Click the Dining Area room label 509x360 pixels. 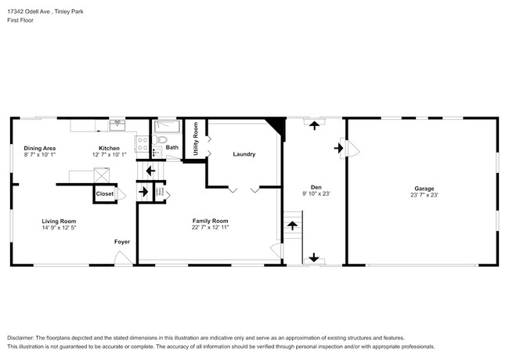pyautogui.click(x=39, y=148)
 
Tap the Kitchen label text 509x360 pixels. pyautogui.click(x=109, y=148)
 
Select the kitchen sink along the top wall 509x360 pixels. pyautogui.click(x=117, y=124)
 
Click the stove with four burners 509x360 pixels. pyautogui.click(x=143, y=143)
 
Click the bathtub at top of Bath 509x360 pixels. pyautogui.click(x=167, y=125)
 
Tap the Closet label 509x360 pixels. pyautogui.click(x=104, y=193)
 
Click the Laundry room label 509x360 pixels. pyautogui.click(x=244, y=154)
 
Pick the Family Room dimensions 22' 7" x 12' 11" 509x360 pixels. pyautogui.click(x=210, y=229)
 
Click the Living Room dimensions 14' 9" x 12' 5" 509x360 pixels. pyautogui.click(x=59, y=229)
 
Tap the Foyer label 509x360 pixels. pyautogui.click(x=122, y=242)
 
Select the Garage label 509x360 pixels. pyautogui.click(x=424, y=187)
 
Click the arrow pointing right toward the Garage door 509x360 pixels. pyautogui.click(x=339, y=146)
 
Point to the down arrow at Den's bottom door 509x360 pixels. pyautogui.click(x=315, y=257)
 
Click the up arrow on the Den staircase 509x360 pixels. pyautogui.click(x=292, y=225)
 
